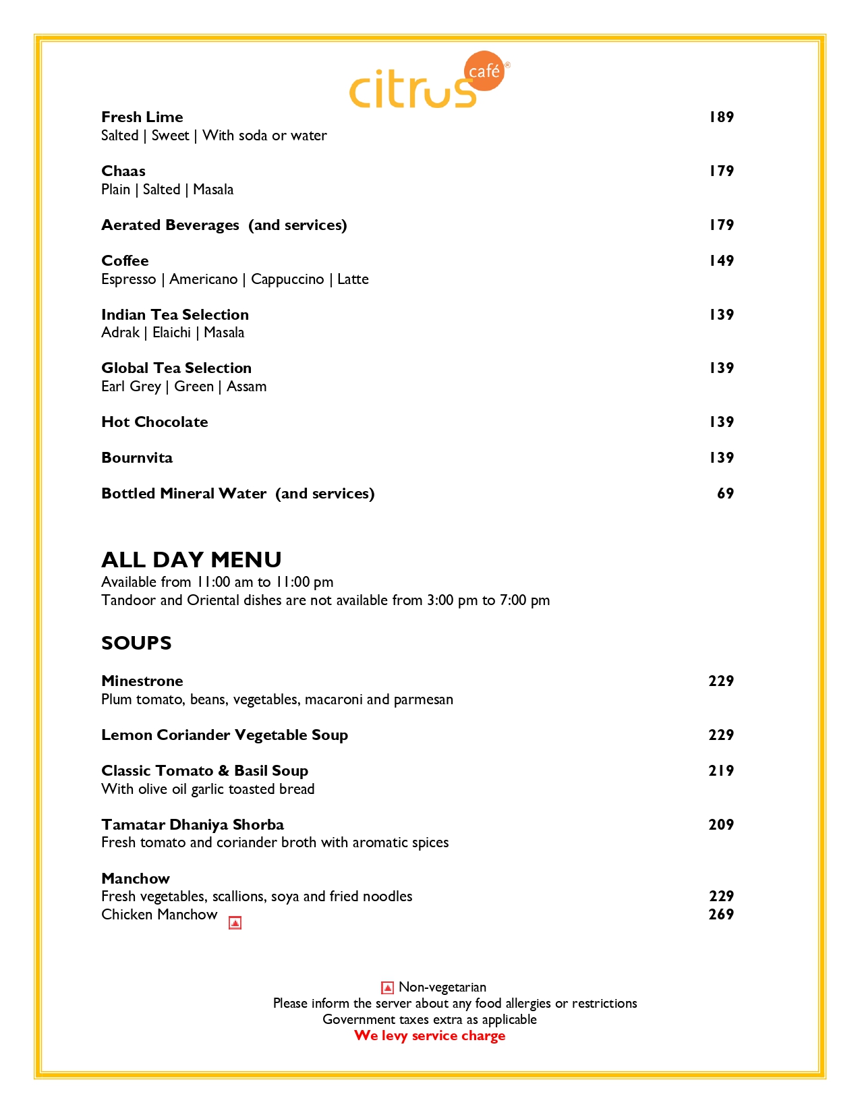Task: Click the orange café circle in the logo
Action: point(485,71)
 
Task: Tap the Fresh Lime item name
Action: point(142,117)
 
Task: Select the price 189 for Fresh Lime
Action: point(720,117)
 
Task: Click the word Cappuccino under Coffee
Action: point(287,279)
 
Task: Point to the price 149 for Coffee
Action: point(720,261)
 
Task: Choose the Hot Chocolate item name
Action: point(154,422)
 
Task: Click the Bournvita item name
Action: point(137,458)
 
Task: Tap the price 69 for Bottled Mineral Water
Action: point(725,494)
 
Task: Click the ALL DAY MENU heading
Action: point(192,560)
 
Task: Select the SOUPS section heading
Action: point(136,643)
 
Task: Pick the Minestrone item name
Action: point(142,681)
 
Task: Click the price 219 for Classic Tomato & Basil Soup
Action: point(720,771)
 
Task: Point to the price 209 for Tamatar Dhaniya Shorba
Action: point(720,825)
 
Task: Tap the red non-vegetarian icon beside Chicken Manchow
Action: point(235,923)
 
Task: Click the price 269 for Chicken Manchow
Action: point(720,915)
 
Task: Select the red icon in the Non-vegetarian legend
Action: point(387,988)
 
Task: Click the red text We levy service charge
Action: point(430,1036)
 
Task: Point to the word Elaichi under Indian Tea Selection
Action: point(171,333)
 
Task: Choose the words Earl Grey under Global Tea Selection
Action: point(131,387)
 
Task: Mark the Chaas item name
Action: point(123,171)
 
